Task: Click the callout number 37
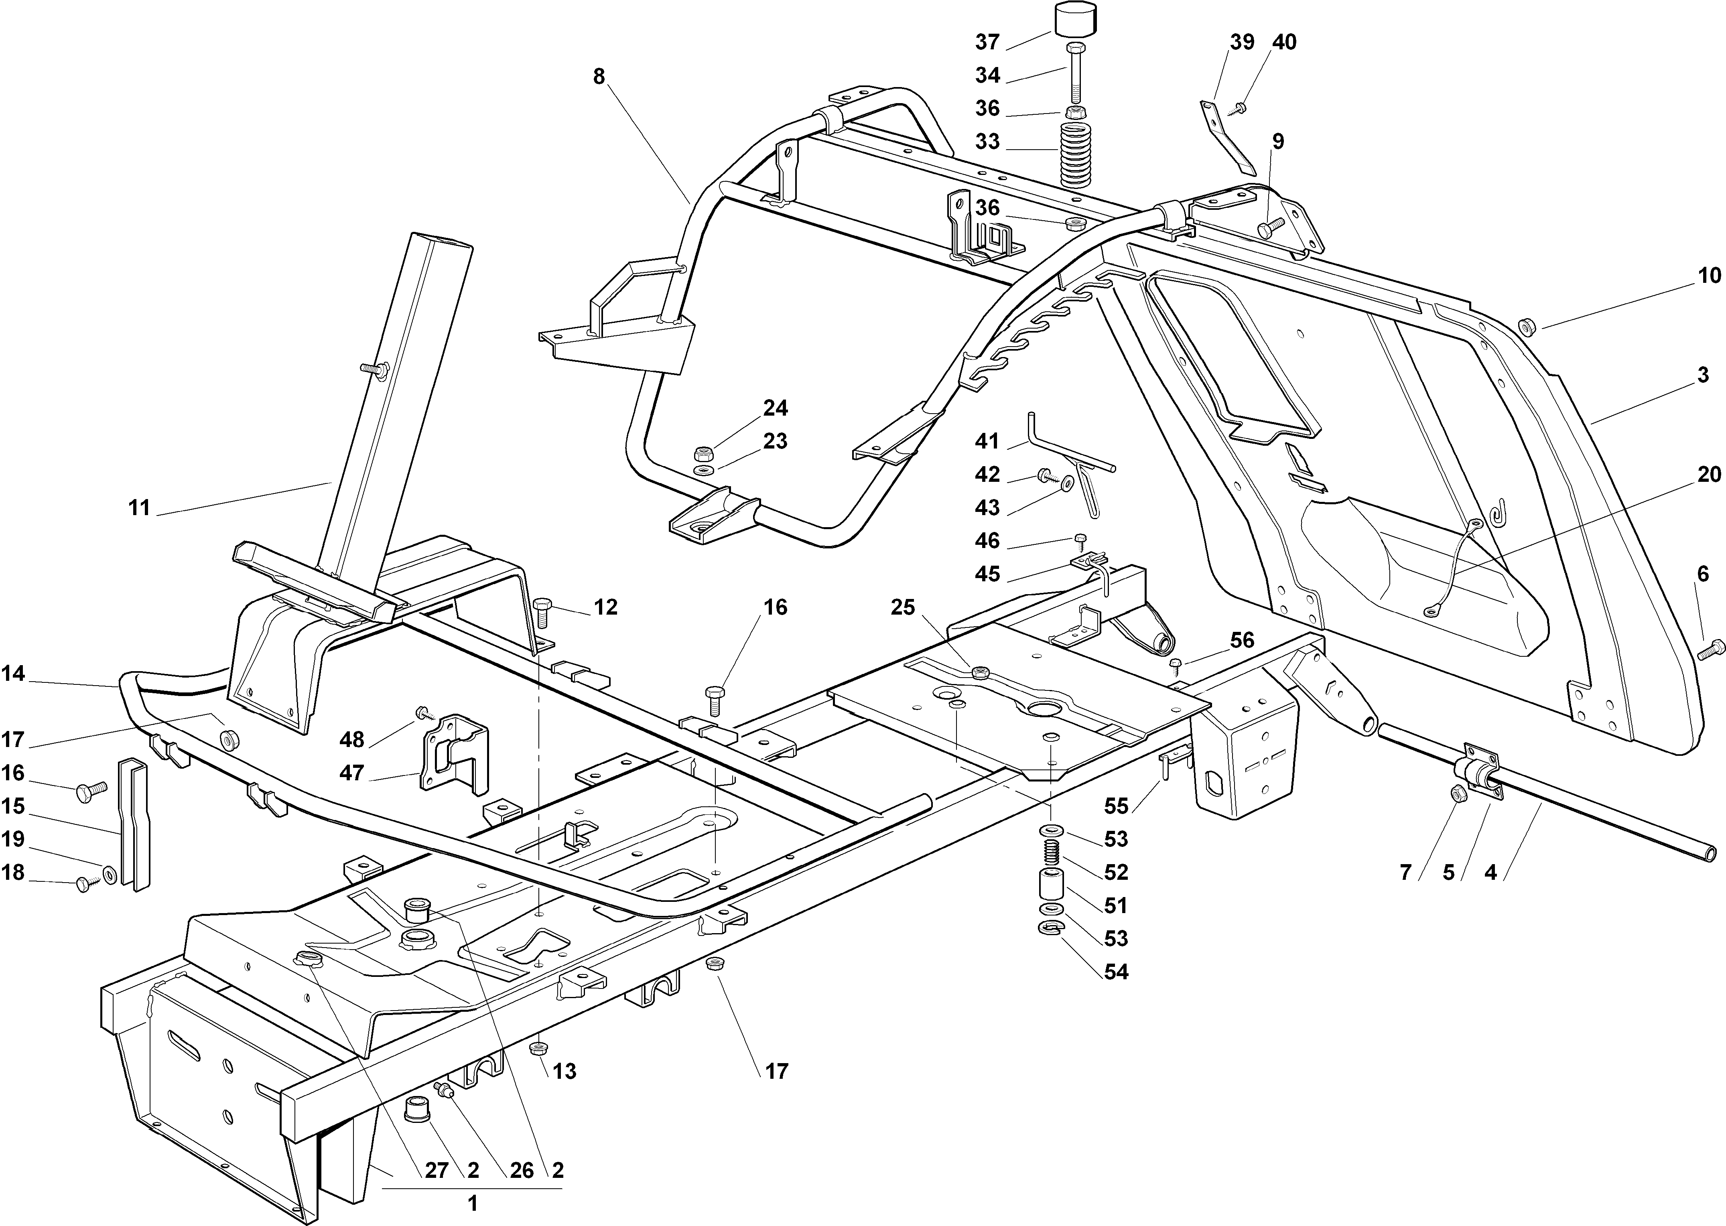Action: (x=987, y=42)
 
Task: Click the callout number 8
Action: (x=599, y=76)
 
